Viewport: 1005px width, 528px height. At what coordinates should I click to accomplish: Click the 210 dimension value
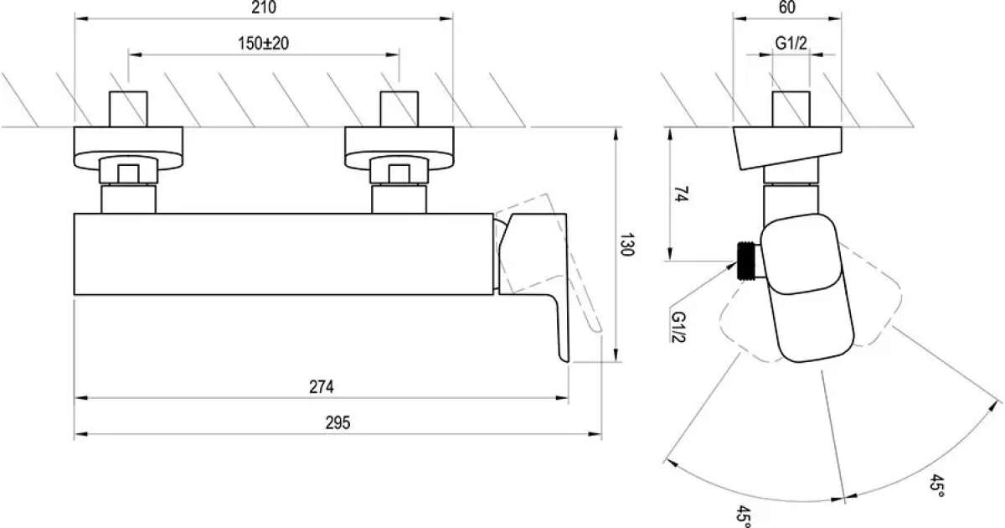click(x=264, y=8)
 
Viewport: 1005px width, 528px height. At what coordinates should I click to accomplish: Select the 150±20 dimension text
click(x=263, y=43)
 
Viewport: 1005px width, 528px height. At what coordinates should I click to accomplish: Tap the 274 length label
click(x=322, y=386)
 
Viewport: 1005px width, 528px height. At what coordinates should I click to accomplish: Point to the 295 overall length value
click(x=338, y=422)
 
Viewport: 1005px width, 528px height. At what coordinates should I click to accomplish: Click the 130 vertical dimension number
click(x=626, y=244)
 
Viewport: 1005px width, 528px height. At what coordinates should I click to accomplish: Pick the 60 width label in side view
click(x=787, y=8)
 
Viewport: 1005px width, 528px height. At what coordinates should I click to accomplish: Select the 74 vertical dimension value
click(x=681, y=194)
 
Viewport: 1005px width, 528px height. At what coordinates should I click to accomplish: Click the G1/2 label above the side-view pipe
click(x=791, y=43)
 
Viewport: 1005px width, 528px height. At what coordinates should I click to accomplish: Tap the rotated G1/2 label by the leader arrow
click(x=678, y=326)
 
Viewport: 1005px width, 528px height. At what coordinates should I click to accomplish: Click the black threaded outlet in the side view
click(x=745, y=261)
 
